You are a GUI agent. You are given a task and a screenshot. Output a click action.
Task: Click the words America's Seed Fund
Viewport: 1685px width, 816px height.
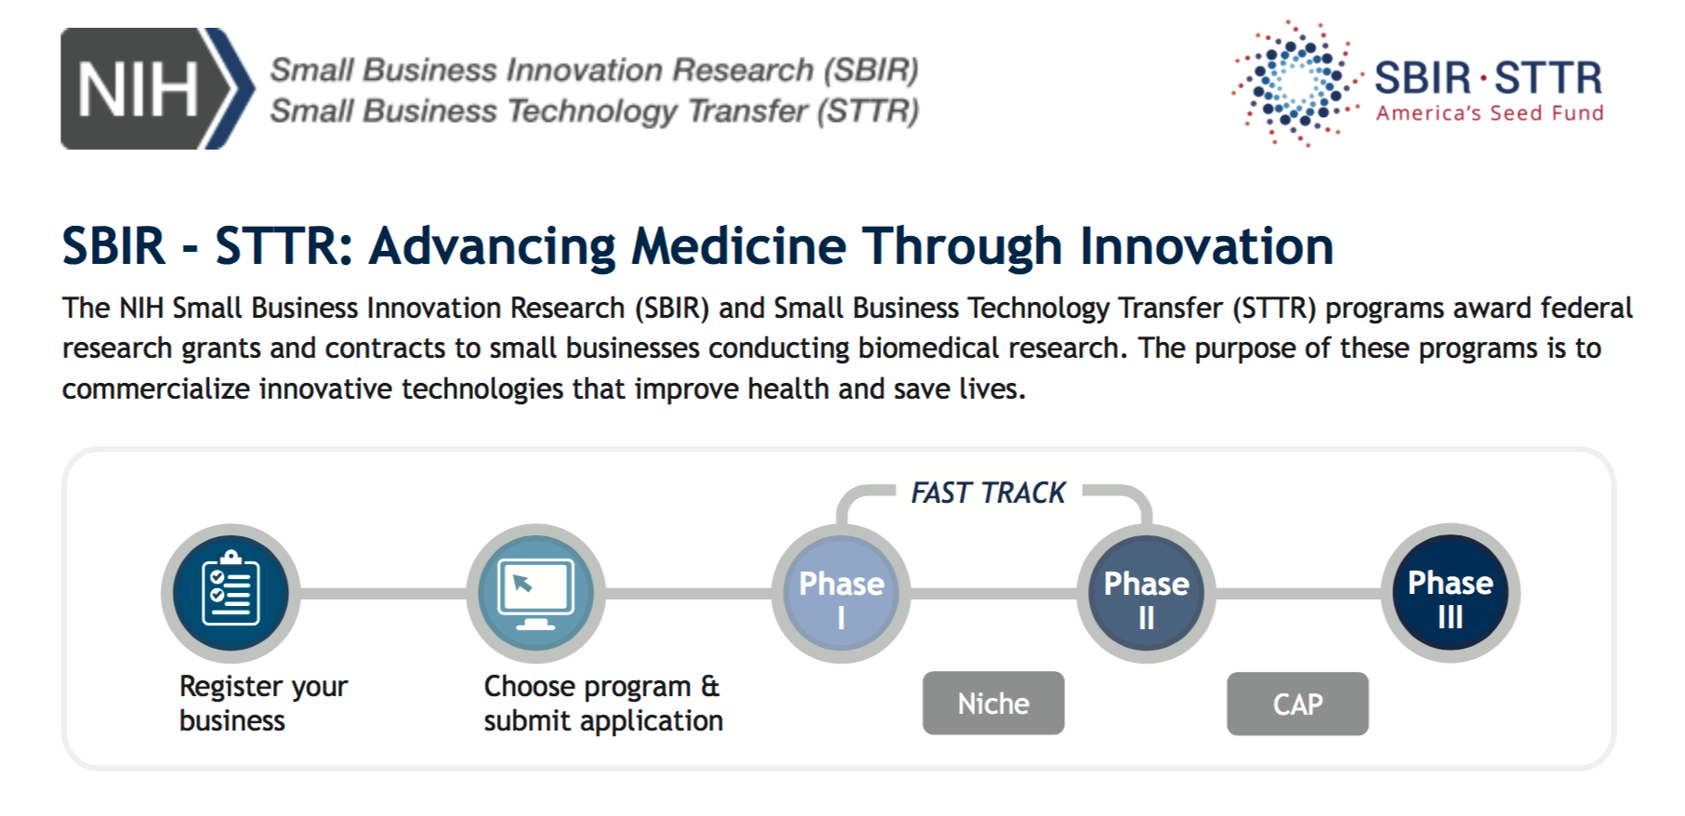coord(1490,113)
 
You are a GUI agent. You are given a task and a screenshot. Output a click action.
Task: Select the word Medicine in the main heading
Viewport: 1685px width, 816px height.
coord(739,246)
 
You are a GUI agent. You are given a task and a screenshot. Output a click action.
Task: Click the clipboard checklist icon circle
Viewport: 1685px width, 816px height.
coord(230,593)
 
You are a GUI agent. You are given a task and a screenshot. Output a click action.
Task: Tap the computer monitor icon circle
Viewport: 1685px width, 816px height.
coord(535,593)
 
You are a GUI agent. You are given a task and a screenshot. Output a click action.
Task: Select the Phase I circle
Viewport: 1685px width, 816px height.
coord(841,593)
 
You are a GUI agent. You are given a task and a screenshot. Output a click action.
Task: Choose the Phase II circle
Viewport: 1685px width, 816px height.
coord(1146,593)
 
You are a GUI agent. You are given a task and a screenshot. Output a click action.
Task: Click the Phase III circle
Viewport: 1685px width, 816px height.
coord(1451,593)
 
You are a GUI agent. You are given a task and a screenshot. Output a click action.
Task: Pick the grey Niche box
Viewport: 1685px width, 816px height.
coord(994,704)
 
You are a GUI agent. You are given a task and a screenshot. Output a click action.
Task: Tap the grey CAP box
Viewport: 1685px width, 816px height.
coord(1297,704)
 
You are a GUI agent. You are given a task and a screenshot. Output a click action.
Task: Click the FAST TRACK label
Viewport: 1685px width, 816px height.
coord(988,493)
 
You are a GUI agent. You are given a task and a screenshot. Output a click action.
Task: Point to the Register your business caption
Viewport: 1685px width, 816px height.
coord(263,704)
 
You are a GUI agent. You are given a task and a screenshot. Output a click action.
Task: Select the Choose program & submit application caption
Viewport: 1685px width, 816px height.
coord(603,704)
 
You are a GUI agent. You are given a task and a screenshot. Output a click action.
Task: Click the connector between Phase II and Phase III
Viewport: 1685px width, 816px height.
coord(1298,593)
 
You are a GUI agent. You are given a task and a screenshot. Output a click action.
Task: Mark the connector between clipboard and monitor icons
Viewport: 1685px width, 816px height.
coord(383,593)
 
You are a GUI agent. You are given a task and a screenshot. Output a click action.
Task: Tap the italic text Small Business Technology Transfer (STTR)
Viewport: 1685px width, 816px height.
coord(594,112)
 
